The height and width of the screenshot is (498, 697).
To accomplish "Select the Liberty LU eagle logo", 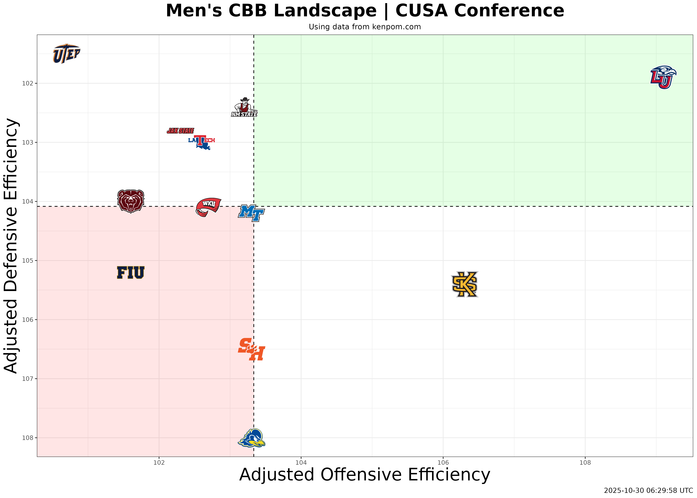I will (663, 77).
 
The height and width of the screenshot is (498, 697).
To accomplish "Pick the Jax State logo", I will (180, 131).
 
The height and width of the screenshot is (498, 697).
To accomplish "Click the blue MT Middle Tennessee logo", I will (251, 213).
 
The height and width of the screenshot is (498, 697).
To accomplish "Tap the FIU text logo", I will (131, 273).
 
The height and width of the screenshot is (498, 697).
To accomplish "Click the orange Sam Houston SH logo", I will (251, 349).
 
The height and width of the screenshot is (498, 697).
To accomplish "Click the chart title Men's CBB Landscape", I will (365, 11).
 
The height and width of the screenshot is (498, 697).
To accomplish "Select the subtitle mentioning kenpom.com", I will (365, 27).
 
